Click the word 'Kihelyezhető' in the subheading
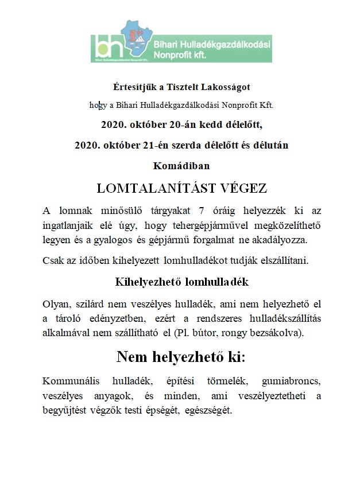[145, 282]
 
